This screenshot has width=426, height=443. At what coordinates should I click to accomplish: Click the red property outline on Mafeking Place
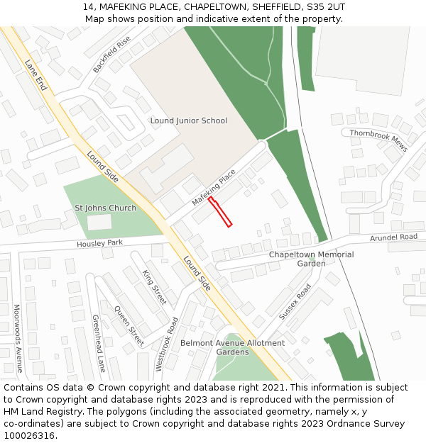(220, 213)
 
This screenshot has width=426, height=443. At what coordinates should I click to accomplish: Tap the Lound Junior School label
(188, 120)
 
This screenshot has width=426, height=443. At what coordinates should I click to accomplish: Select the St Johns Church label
(105, 208)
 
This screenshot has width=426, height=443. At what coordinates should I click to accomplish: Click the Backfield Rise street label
(111, 55)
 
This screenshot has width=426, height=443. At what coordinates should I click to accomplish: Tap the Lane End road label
(35, 74)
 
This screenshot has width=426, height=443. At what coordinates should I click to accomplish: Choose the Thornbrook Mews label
(378, 140)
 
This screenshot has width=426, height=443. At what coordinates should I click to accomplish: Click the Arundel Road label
(393, 237)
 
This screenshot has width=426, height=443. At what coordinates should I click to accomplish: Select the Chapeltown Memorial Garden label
(311, 259)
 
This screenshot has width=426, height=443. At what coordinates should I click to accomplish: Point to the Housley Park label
(99, 243)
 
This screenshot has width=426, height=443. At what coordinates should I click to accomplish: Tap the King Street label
(154, 287)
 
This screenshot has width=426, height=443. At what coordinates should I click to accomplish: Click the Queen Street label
(129, 325)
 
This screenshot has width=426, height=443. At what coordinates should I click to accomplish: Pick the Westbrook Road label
(167, 344)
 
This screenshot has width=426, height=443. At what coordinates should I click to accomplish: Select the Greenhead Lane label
(99, 343)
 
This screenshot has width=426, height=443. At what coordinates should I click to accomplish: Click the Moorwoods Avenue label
(18, 338)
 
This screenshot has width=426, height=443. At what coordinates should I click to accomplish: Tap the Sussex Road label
(295, 301)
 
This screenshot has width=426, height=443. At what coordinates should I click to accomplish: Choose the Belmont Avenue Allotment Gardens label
(232, 347)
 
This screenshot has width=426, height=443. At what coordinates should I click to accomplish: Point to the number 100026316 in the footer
(28, 435)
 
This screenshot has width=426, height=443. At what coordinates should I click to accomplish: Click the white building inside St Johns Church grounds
(99, 223)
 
